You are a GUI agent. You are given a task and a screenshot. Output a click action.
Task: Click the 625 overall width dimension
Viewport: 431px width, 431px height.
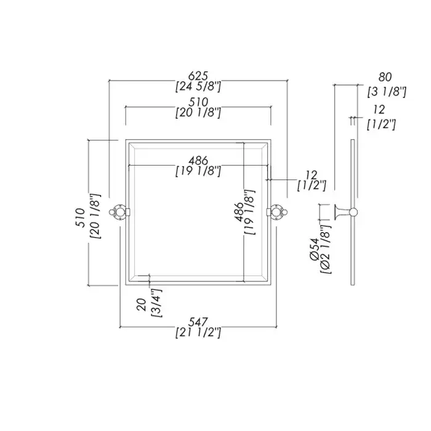tap(198, 76)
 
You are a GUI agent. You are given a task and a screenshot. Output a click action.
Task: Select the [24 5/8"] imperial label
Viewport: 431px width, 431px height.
tap(198, 87)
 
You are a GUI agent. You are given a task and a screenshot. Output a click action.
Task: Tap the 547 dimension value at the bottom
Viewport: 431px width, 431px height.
tap(198, 321)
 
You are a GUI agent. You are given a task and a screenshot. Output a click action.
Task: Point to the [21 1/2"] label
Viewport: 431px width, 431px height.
tap(198, 333)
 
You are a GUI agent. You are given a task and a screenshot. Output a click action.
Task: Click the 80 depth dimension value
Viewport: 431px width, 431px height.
tap(385, 77)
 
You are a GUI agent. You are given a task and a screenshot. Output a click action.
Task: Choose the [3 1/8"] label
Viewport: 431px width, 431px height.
tap(387, 92)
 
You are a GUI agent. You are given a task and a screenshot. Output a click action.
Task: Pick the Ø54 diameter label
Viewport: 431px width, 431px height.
tap(314, 249)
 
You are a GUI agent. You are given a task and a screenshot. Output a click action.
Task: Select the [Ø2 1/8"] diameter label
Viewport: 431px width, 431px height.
tap(326, 249)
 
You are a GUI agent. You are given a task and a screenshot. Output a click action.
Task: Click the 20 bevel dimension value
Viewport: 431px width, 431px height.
tap(142, 305)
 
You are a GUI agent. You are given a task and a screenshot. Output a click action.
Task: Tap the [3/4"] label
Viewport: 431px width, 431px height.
tap(156, 303)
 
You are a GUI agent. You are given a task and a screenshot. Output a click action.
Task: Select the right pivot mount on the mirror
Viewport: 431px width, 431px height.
tap(277, 212)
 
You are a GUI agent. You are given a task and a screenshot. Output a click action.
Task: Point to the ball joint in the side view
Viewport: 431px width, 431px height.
tap(353, 212)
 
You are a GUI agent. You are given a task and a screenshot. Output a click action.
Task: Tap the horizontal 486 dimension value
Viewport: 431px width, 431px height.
tap(198, 161)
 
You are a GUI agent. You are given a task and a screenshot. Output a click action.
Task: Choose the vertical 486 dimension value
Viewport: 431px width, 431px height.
tap(239, 212)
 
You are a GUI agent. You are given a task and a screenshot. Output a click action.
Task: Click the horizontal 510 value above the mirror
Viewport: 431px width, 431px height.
tap(198, 102)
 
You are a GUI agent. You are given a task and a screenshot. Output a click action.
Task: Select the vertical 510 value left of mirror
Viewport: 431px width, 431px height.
tap(80, 217)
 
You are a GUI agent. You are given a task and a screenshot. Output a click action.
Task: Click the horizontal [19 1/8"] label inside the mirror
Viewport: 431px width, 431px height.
tap(198, 172)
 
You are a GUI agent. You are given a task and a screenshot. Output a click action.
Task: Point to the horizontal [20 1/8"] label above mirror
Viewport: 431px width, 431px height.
tap(198, 113)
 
